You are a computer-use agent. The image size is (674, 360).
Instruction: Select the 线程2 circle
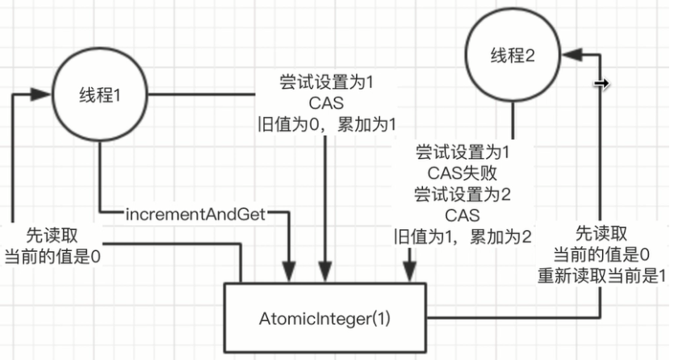[x=513, y=55]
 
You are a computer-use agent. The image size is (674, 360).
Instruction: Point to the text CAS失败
[x=462, y=173]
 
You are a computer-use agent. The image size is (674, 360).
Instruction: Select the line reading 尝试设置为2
[x=462, y=194]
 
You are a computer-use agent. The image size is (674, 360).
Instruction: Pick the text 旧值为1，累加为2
[x=463, y=237]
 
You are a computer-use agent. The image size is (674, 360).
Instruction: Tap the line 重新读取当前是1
[x=601, y=274]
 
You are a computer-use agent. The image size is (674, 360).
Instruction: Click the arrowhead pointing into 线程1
[x=40, y=95]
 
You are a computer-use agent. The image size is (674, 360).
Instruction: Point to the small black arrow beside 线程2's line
[x=600, y=83]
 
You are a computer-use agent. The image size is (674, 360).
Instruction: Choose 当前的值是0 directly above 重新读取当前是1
[x=601, y=254]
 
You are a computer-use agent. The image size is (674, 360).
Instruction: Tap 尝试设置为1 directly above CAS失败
[x=462, y=152]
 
